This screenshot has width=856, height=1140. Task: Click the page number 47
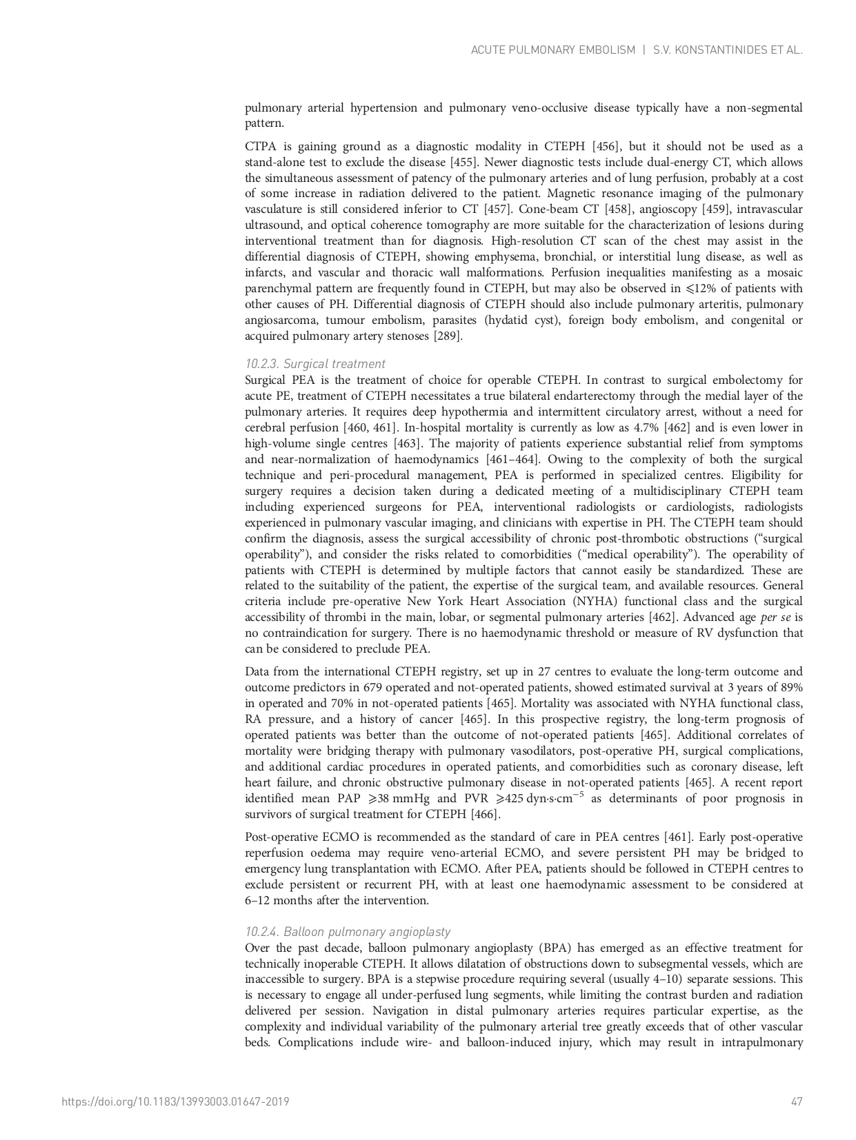pyautogui.click(x=797, y=1101)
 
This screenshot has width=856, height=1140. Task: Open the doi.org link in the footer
pyautogui.click(x=175, y=1101)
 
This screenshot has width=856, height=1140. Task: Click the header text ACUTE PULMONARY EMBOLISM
pyautogui.click(x=553, y=50)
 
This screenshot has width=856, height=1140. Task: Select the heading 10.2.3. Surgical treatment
pyautogui.click(x=315, y=364)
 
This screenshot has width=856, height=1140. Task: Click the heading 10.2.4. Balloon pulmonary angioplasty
pyautogui.click(x=348, y=932)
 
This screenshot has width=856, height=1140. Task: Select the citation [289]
pyautogui.click(x=448, y=336)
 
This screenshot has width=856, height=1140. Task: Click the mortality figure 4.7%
pyautogui.click(x=646, y=428)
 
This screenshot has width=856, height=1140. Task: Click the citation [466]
pyautogui.click(x=486, y=815)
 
